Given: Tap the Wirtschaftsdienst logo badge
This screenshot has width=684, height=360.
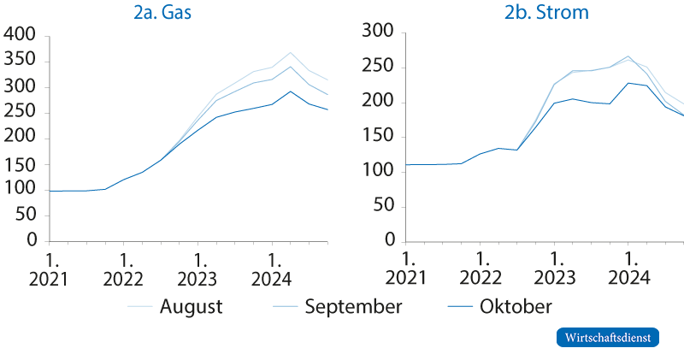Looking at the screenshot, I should [608, 337].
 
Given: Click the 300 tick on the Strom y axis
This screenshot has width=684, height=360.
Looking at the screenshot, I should [375, 32].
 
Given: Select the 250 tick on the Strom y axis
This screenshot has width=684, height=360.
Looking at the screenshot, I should [375, 68].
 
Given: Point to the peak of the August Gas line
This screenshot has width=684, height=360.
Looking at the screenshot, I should [291, 53].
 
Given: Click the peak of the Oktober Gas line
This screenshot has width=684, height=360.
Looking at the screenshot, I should [291, 91].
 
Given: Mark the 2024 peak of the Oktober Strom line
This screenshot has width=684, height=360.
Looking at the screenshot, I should [628, 83].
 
